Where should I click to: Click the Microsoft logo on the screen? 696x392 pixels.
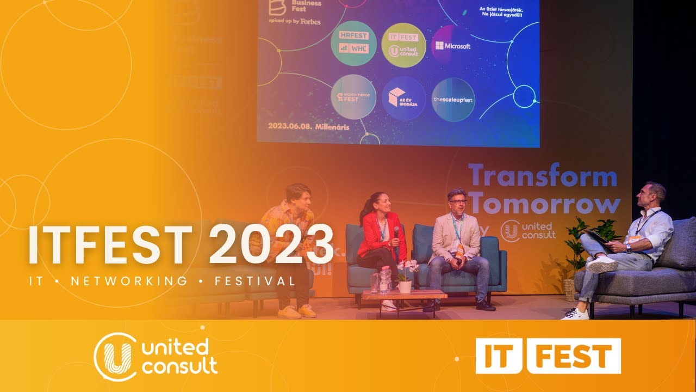[451, 46]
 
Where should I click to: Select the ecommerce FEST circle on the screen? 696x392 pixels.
[353, 97]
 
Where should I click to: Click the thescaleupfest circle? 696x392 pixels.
[453, 100]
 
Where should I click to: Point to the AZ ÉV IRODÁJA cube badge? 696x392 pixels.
[403, 98]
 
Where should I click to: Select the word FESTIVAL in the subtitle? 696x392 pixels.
[255, 281]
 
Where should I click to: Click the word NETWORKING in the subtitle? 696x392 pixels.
[129, 281]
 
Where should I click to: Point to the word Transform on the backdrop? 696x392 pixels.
[543, 177]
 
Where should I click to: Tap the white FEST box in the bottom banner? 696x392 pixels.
[574, 356]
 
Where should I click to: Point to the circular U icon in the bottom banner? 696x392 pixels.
[115, 356]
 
